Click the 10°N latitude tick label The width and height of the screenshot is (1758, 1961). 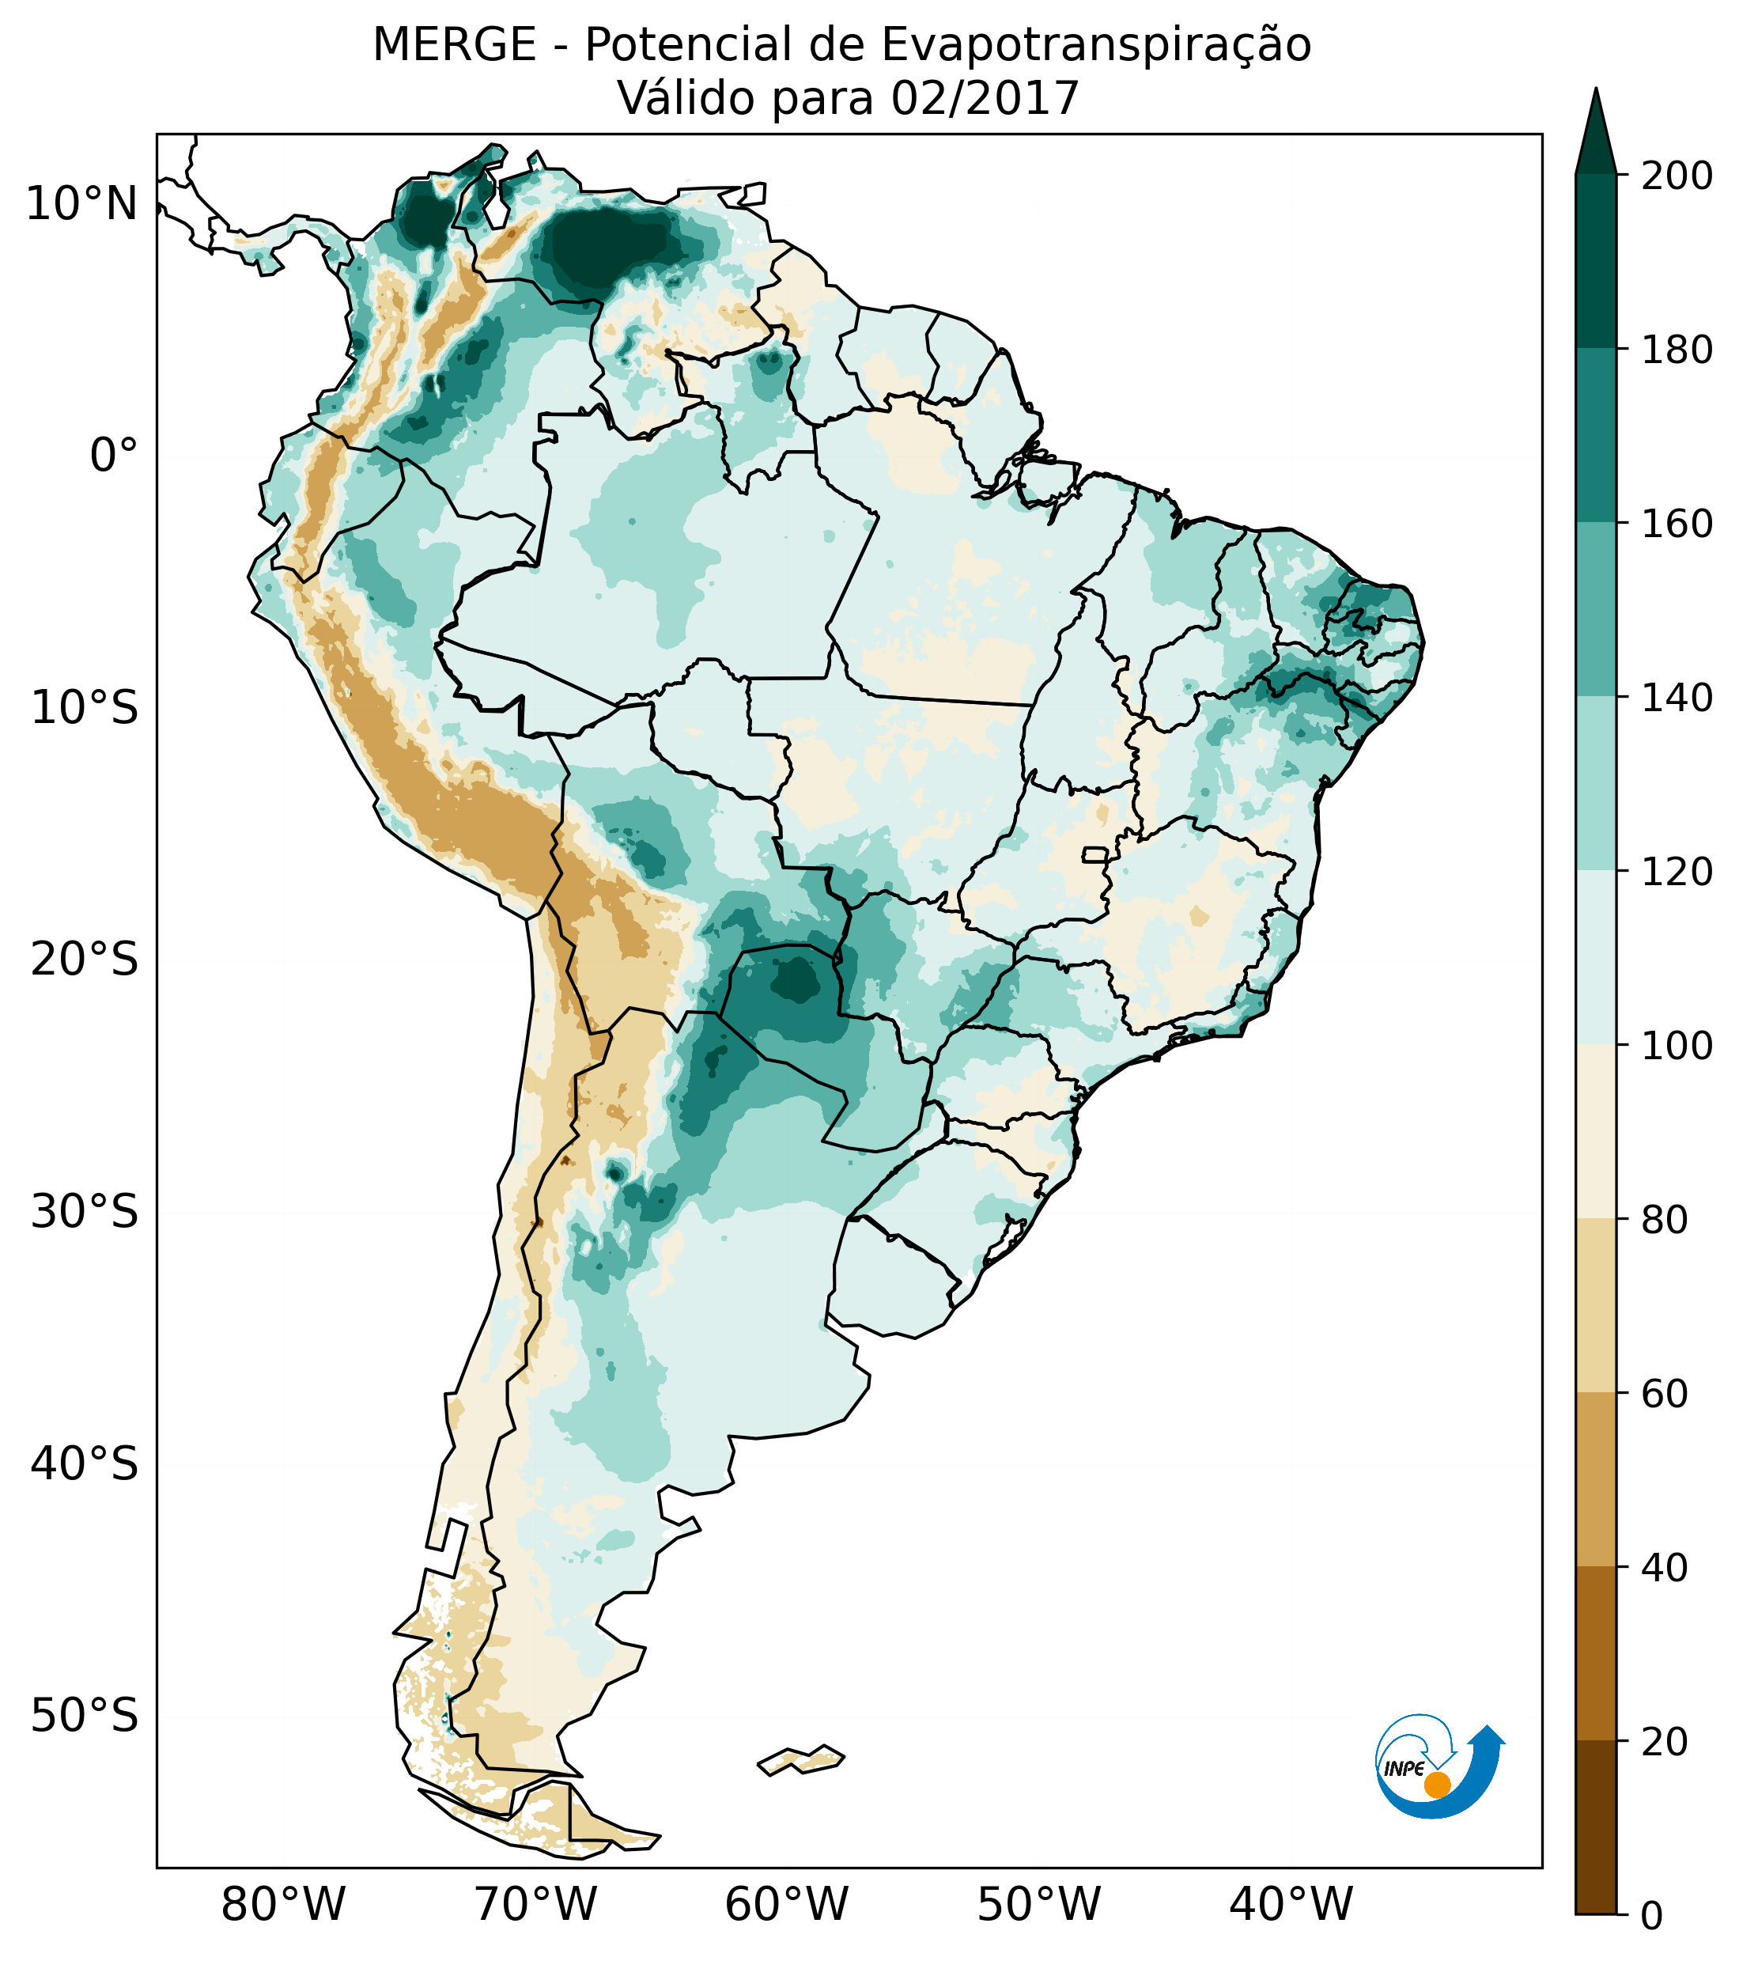81,204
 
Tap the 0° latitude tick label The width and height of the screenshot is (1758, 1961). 113,456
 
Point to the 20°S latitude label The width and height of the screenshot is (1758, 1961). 85,960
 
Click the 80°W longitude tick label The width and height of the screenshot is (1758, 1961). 283,1905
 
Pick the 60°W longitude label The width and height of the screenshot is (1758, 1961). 786,1905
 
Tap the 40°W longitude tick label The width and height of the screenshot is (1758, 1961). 1291,1905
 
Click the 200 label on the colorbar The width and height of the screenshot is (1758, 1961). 1677,176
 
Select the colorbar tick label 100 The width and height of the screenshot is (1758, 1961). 1677,1045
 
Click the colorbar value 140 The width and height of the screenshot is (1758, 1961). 1677,698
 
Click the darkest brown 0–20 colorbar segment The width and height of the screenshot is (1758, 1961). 1596,1827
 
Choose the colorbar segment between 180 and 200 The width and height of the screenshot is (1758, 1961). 1596,261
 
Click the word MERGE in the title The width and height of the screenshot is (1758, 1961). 454,45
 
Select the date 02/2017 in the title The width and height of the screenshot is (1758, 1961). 985,99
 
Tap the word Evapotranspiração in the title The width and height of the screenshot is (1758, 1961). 1098,45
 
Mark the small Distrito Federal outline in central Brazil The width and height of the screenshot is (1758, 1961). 1095,854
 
